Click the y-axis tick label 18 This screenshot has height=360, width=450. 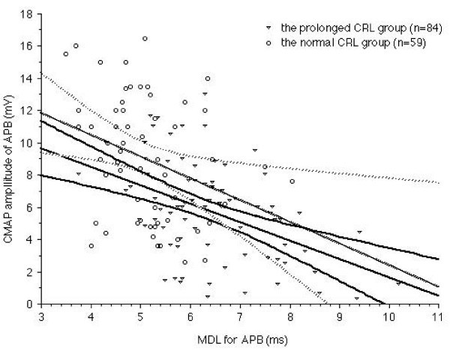point(28,14)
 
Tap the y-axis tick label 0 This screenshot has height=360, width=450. point(30,304)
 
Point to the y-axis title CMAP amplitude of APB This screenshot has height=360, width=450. point(10,159)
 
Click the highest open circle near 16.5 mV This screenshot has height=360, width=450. point(145,38)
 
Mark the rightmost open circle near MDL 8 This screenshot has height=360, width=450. point(292,181)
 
